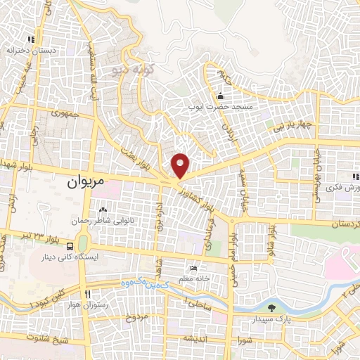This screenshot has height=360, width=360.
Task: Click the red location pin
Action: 181,164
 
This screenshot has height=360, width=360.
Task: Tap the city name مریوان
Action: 85,181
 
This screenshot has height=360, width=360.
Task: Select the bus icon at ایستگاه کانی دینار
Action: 70,247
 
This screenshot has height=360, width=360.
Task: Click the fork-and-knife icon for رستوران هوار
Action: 88,293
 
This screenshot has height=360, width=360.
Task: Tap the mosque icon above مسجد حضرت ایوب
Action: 221,96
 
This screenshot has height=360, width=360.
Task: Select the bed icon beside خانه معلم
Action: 194,268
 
